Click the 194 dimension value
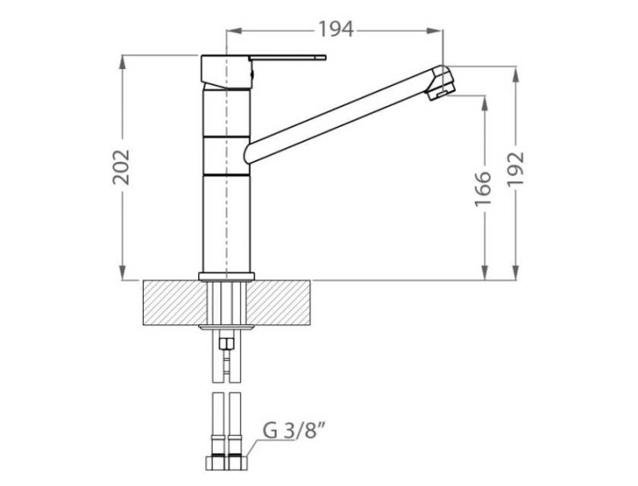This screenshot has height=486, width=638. pyautogui.click(x=335, y=30)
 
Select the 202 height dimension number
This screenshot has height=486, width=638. pyautogui.click(x=122, y=167)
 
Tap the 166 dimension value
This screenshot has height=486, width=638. pyautogui.click(x=483, y=188)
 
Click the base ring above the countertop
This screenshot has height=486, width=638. pyautogui.click(x=226, y=276)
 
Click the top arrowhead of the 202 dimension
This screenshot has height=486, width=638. pyautogui.click(x=124, y=60)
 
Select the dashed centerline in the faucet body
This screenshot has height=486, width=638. pyautogui.click(x=227, y=170)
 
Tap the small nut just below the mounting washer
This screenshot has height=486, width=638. pyautogui.click(x=226, y=344)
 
